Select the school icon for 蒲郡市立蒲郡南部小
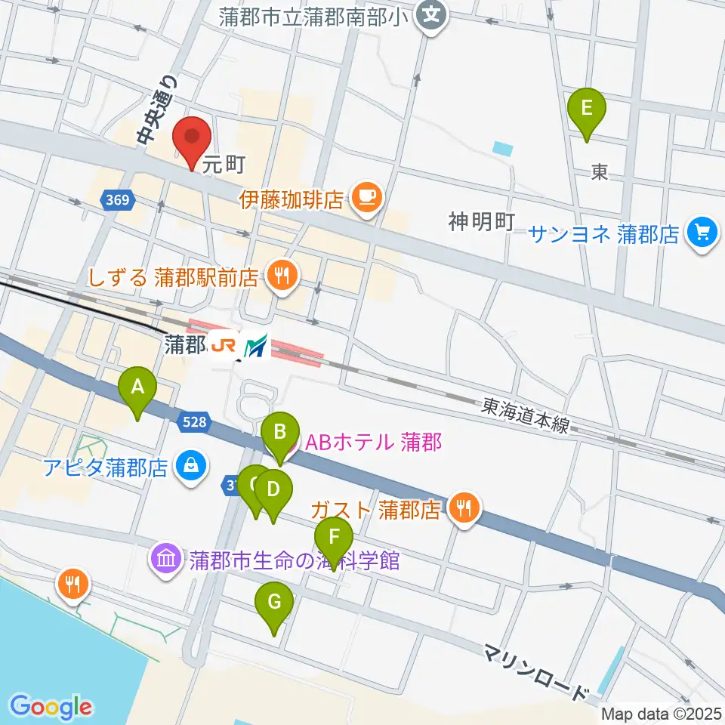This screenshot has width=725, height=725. [x=431, y=14]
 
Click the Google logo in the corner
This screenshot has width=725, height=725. [x=51, y=706]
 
